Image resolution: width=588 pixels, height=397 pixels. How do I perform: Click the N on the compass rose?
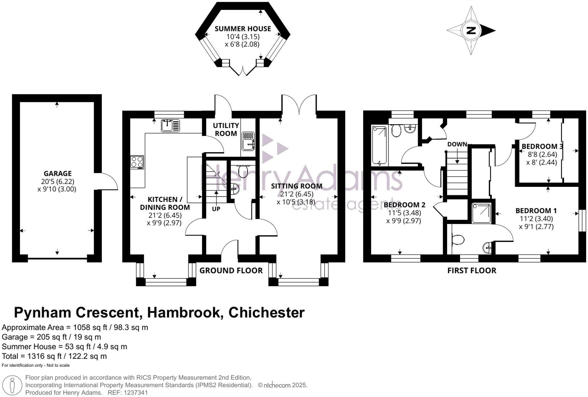click(x=471, y=31)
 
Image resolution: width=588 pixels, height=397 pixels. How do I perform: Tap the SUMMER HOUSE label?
click(x=243, y=29)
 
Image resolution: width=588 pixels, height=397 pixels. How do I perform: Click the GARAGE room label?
click(x=58, y=174)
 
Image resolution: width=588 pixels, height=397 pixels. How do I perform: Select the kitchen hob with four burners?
click(x=137, y=162)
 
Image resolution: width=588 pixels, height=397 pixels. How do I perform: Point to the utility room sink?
click(x=248, y=141)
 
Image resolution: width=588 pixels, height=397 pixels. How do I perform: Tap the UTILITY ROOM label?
click(x=226, y=129)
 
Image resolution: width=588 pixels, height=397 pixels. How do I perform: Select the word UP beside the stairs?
click(x=216, y=209)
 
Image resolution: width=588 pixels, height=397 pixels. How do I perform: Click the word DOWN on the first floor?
click(x=457, y=144)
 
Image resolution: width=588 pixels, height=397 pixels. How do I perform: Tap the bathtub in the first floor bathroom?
click(x=380, y=145)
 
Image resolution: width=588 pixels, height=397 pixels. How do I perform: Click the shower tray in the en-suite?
click(x=481, y=212)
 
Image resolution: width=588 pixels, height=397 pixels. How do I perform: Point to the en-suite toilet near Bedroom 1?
click(x=458, y=239)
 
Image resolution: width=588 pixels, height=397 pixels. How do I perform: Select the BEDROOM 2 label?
click(x=404, y=205)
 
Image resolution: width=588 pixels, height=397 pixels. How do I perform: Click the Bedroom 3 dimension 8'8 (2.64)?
click(x=542, y=154)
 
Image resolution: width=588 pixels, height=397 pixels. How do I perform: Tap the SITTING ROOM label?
click(x=297, y=186)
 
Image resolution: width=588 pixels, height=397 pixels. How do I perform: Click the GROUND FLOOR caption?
click(x=231, y=271)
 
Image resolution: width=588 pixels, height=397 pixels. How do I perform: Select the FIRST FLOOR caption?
click(x=472, y=271)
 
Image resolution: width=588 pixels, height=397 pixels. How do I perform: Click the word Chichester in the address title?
click(x=266, y=313)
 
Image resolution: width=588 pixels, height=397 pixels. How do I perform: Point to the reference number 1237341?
click(x=135, y=393)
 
